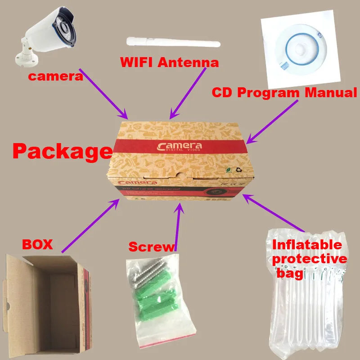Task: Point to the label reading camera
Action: pyautogui.click(x=56, y=76)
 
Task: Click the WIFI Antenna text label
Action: pyautogui.click(x=169, y=62)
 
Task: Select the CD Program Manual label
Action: pyautogui.click(x=284, y=93)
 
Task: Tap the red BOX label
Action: pyautogui.click(x=38, y=245)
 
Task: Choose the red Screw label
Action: pyautogui.click(x=151, y=247)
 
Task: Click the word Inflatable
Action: pyautogui.click(x=307, y=245)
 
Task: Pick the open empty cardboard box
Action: pyautogui.click(x=47, y=306)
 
